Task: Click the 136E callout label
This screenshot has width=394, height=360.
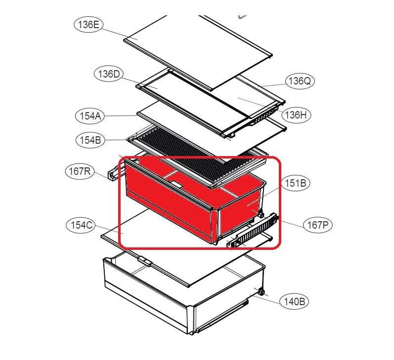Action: pos(88,25)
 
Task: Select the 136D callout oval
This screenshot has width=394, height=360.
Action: pos(109,74)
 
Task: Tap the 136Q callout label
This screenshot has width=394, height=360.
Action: pos(300,81)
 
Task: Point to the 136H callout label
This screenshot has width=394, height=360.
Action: pos(296,115)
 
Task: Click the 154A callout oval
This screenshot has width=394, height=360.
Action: pos(90,116)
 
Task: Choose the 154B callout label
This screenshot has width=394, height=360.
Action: pos(90,140)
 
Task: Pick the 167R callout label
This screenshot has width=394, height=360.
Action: pos(80,171)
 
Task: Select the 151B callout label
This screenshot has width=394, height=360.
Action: pos(296,183)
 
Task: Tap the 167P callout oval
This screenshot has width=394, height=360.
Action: pos(318,225)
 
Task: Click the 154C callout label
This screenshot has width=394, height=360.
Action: pos(81,225)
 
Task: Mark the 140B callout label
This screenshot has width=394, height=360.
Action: pos(294,301)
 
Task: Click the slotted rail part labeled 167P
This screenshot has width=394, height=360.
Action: pos(253,231)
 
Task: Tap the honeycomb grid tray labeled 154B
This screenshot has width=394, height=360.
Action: pos(197,156)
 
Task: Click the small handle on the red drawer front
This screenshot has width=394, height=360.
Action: pos(177,185)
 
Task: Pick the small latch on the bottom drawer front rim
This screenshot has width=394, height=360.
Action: pos(145,261)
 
